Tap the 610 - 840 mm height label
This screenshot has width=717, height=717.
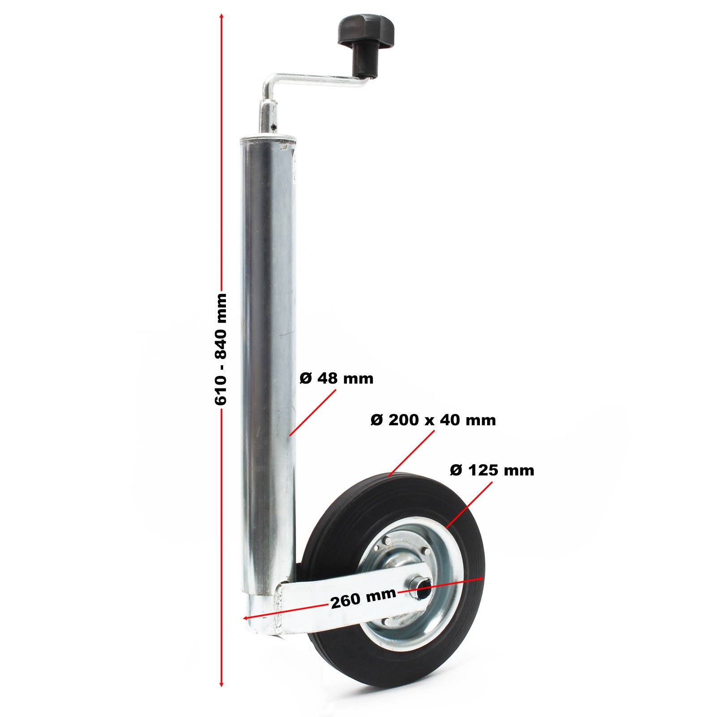click(221, 350)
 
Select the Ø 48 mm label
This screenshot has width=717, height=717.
click(336, 379)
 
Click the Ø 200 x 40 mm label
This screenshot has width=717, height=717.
click(433, 420)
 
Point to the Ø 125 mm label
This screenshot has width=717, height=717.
click(492, 471)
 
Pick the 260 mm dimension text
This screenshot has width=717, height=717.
click(363, 598)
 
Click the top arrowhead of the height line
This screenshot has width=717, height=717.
click(221, 16)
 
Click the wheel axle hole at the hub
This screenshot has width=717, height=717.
click(423, 591)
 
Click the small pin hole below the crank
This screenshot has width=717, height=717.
click(273, 127)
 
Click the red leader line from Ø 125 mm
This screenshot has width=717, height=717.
click(470, 504)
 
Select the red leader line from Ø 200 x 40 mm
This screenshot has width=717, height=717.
click(411, 453)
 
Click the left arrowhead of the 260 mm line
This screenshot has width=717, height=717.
click(246, 618)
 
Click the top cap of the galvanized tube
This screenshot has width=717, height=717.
click(268, 140)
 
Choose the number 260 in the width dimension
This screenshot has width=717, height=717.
click(345, 601)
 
